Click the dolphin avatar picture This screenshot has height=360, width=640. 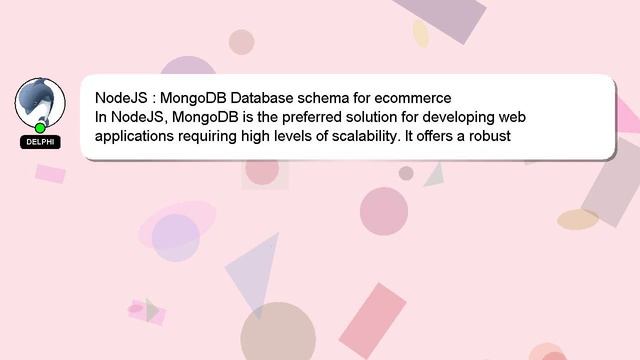40,102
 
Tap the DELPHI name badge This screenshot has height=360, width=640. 40,142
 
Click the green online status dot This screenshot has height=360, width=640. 40,128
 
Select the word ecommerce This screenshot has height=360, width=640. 412,98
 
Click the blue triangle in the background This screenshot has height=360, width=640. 255,270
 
